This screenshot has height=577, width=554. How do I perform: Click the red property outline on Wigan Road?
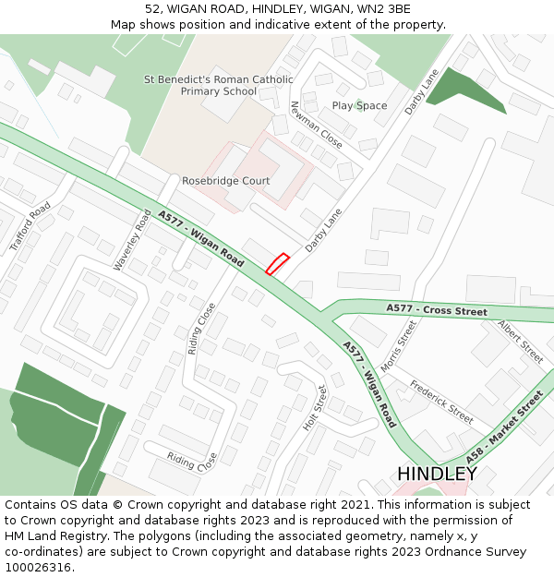tap(277, 264)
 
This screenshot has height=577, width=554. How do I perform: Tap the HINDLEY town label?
tap(437, 474)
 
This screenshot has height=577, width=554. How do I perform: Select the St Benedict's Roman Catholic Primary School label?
tap(219, 85)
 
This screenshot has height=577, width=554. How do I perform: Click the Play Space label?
tap(359, 105)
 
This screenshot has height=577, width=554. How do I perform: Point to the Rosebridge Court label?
tap(225, 181)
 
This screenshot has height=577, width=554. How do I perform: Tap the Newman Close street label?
tap(317, 125)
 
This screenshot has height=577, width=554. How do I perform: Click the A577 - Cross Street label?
tap(437, 311)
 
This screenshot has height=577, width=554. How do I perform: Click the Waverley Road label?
tap(131, 240)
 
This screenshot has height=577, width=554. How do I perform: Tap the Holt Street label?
tap(316, 407)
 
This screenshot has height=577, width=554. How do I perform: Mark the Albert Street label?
tap(521, 342)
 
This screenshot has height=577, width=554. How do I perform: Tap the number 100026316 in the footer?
tap(38, 567)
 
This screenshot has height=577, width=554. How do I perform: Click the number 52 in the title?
tap(152, 9)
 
